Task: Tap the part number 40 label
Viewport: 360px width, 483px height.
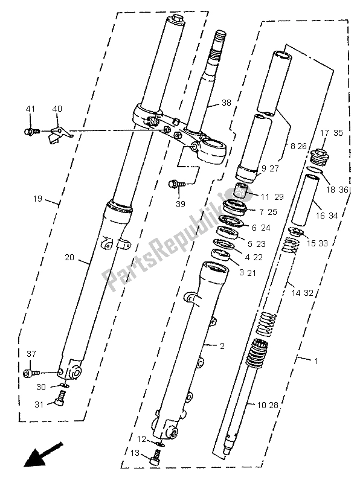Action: [x=57, y=109]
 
